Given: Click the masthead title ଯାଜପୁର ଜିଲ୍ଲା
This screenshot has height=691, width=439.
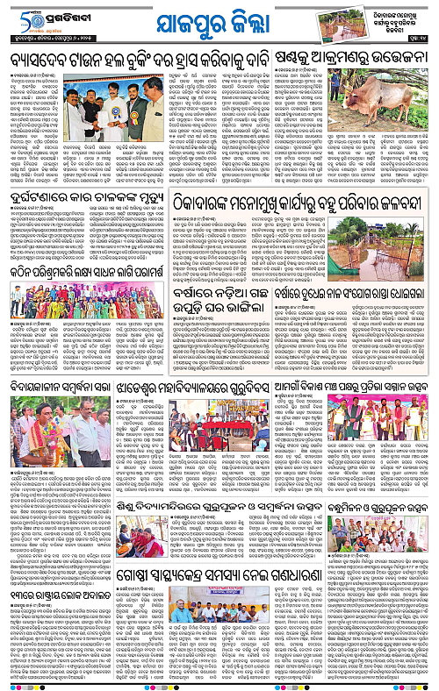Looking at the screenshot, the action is point(219,22).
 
